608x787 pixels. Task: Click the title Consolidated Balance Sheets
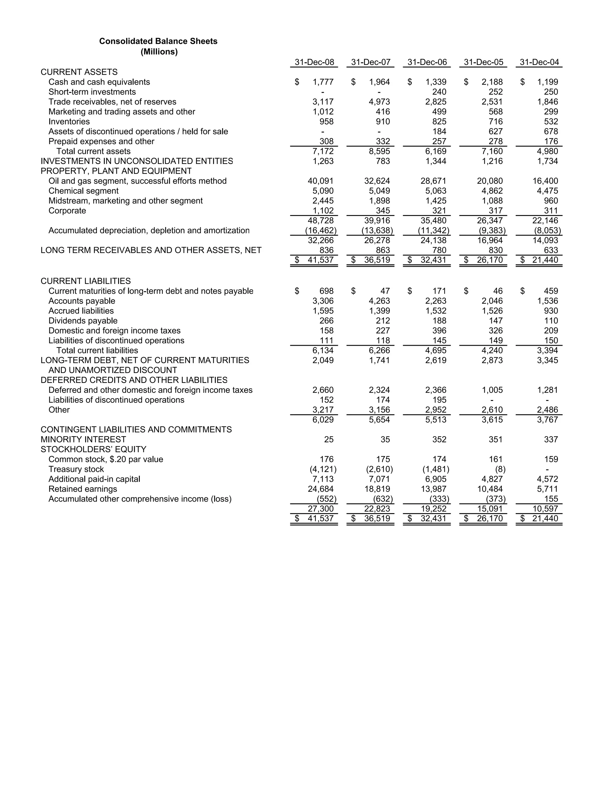(158, 41)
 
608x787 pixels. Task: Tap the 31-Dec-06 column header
(427, 62)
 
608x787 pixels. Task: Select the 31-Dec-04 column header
(539, 62)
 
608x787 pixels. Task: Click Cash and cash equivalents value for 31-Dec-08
(323, 82)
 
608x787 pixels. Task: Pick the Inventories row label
(69, 122)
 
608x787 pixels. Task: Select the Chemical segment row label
(83, 191)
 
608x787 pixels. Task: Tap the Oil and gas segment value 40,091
(321, 181)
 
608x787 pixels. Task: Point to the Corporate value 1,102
(323, 211)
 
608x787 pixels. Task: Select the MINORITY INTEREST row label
(83, 440)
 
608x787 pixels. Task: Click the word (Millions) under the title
(159, 52)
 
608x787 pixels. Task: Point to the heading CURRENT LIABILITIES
(85, 281)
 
